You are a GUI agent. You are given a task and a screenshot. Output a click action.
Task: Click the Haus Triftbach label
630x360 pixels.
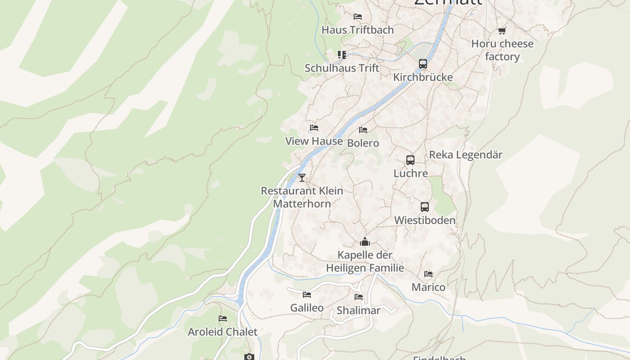point(357,30)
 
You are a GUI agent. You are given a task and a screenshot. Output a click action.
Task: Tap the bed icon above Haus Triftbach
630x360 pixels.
point(358,17)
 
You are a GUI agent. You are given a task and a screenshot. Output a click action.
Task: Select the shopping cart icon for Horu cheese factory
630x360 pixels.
point(502,31)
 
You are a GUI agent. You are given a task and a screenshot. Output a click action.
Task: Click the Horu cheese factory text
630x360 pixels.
point(502,50)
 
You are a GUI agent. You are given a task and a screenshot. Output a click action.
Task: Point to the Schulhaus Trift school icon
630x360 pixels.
point(342,55)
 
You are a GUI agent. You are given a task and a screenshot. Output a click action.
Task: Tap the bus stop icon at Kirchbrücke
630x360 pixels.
point(423,64)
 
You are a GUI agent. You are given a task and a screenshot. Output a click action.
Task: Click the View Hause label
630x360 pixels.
point(314,141)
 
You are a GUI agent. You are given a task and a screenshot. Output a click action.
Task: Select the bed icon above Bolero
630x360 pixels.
point(363,130)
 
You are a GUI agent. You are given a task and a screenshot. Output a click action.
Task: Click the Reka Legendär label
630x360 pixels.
point(465,155)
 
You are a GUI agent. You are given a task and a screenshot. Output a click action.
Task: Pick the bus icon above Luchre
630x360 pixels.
point(410,160)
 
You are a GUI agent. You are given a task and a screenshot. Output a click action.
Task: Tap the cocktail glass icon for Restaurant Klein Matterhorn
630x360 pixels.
point(302,178)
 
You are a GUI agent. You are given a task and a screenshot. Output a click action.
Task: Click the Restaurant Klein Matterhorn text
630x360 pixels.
point(302,197)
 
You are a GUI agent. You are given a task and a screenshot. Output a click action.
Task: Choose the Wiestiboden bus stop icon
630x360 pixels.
point(425,207)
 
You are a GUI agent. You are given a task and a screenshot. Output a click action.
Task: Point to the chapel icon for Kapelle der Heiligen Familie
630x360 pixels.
point(365,242)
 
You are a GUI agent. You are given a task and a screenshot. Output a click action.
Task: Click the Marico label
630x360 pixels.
point(428,287)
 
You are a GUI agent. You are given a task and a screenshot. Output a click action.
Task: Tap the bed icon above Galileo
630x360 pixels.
point(307,295)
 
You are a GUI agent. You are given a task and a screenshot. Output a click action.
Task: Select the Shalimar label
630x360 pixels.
point(359,310)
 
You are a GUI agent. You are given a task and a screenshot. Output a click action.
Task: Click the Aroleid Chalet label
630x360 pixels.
point(222,332)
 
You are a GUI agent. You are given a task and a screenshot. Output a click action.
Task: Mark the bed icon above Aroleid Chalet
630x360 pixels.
point(223,319)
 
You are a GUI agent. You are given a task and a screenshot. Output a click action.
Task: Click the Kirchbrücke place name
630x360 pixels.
point(423,77)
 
